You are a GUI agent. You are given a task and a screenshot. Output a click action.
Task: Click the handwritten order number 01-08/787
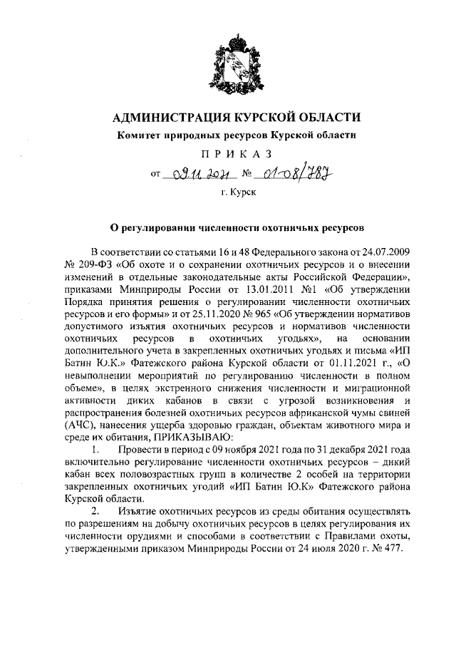291,172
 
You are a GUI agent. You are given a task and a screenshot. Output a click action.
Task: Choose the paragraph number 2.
95,512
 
